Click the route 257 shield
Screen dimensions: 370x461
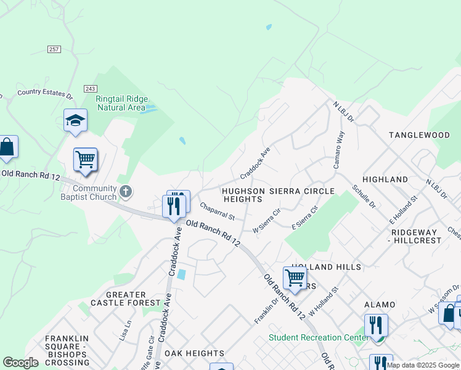54,49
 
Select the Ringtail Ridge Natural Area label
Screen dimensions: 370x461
120,102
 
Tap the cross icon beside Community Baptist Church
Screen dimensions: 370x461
126,192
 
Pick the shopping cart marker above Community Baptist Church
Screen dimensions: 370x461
85,159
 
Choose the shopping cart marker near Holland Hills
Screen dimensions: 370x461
295,277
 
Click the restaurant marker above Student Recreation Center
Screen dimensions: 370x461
375,325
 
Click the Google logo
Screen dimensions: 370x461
21,363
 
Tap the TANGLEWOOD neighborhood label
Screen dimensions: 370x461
419,134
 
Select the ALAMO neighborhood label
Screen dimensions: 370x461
380,305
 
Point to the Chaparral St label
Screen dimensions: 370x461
217,213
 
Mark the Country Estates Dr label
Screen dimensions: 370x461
45,93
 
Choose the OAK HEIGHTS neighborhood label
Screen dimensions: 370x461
194,353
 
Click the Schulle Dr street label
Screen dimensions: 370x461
363,195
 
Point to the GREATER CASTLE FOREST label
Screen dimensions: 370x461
118,298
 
